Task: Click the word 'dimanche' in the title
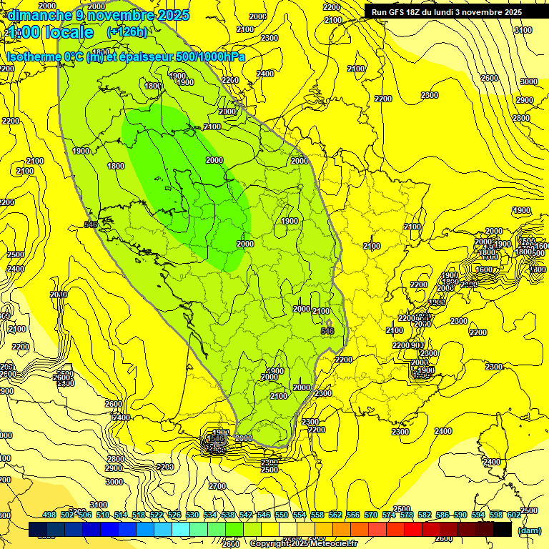(34, 14)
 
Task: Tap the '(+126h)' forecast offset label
(127, 32)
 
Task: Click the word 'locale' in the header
(69, 32)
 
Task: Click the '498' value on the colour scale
(49, 515)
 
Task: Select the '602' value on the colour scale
(514, 515)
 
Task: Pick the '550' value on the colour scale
(282, 515)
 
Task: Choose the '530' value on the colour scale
(192, 515)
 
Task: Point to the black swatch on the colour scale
(503, 529)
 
